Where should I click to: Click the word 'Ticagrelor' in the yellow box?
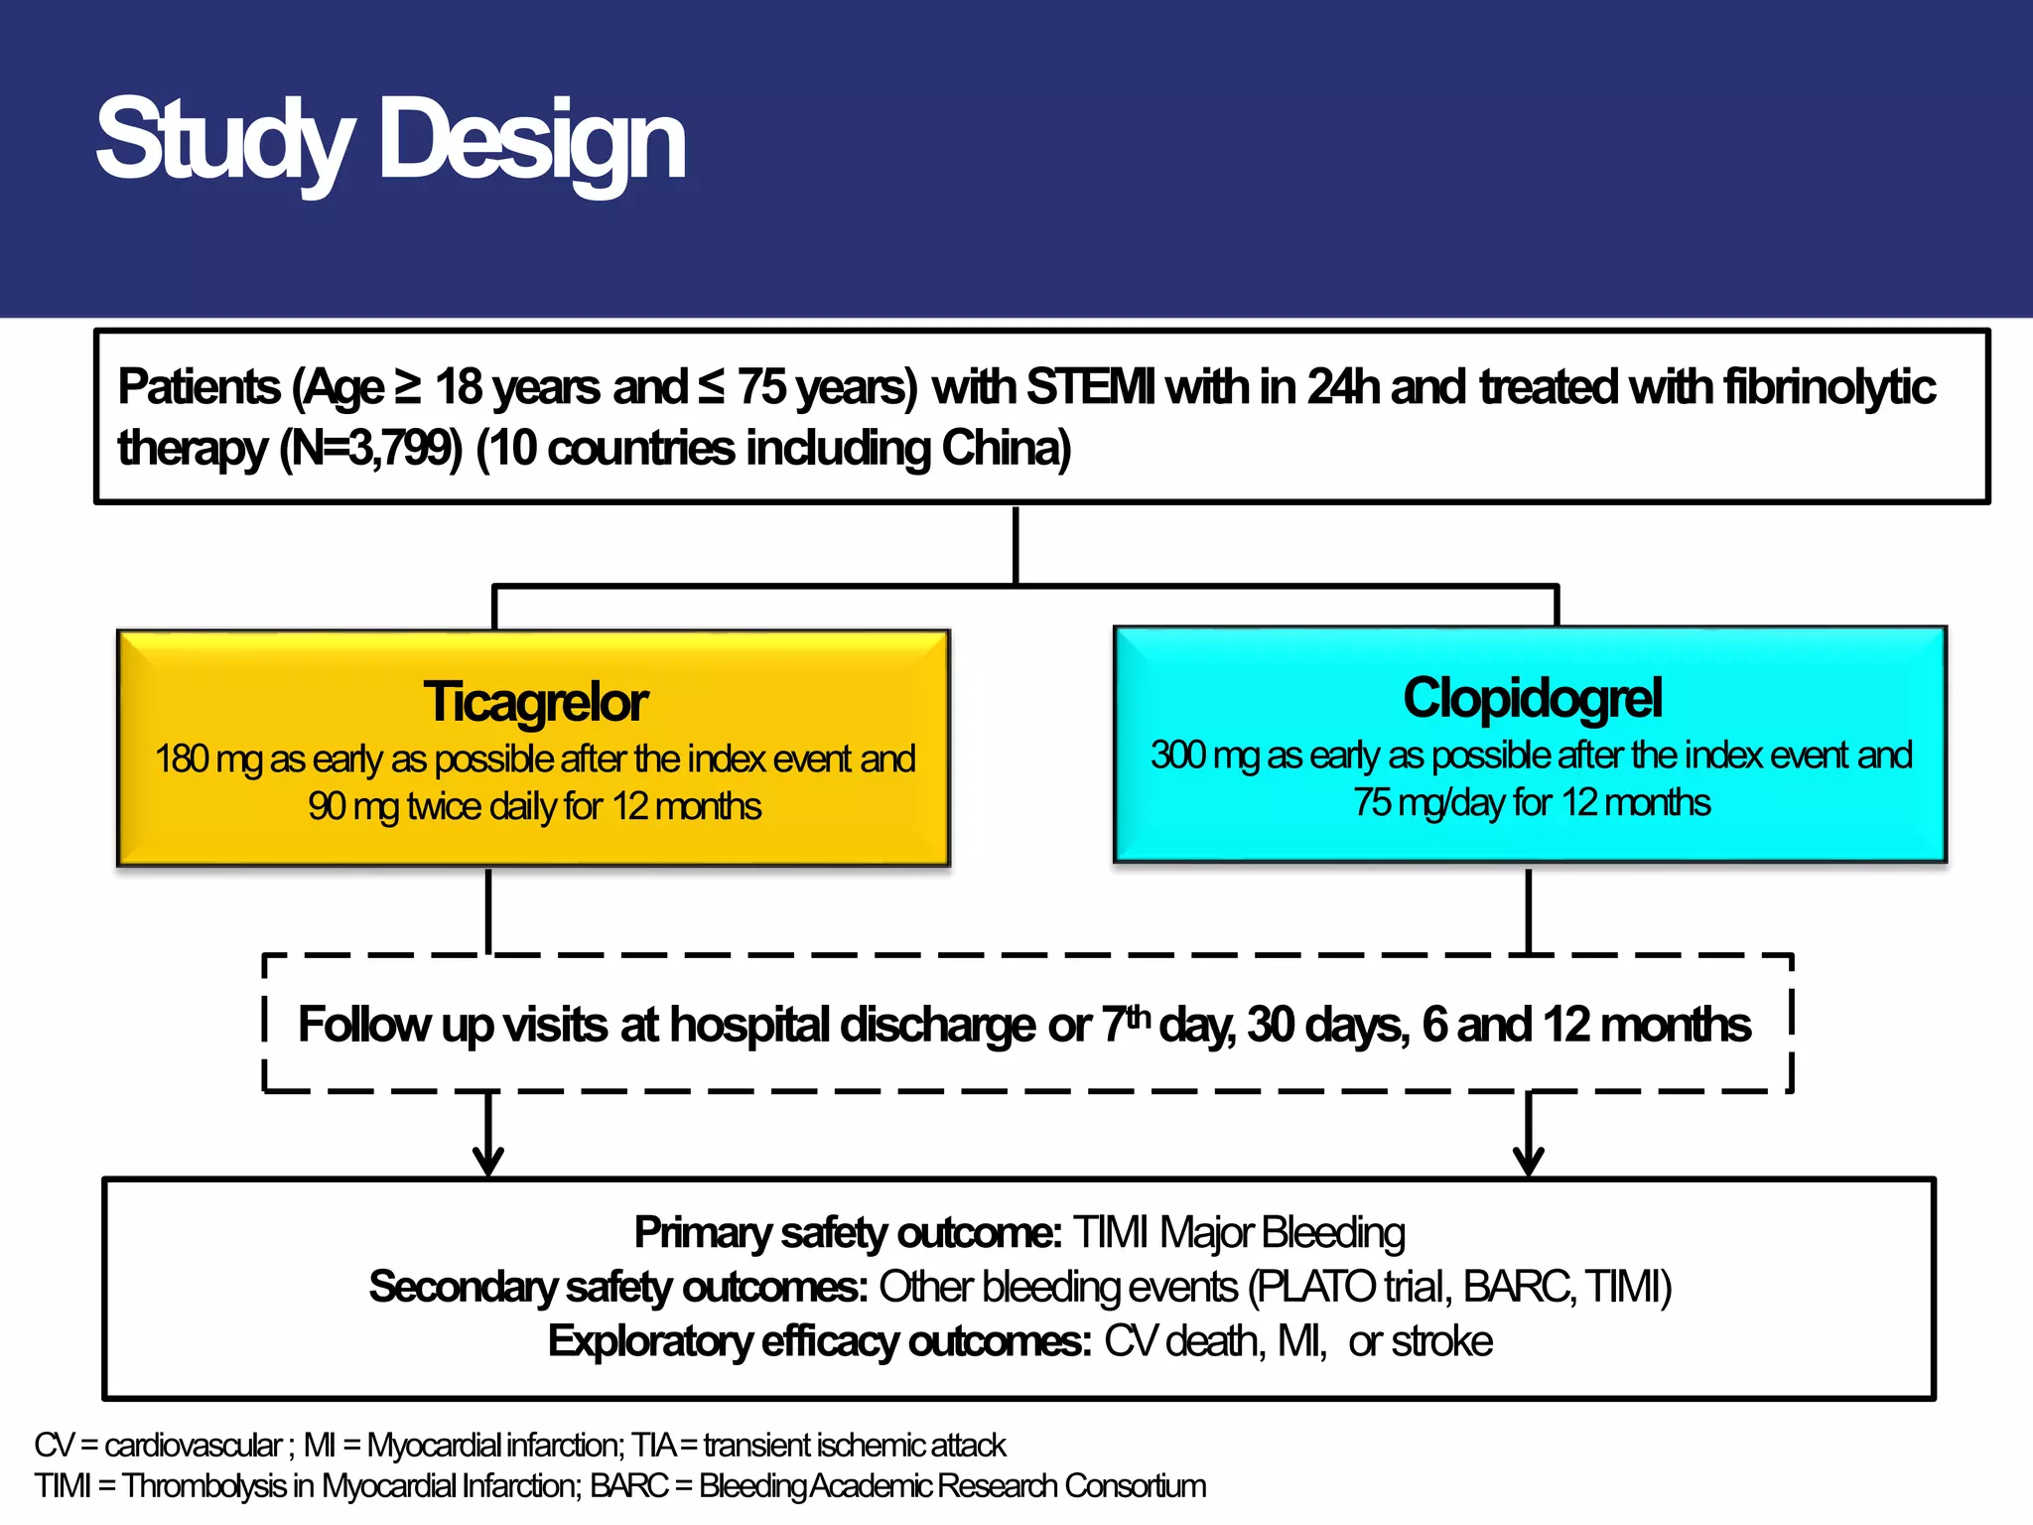click(x=535, y=702)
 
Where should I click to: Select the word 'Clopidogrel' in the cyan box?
click(x=1532, y=698)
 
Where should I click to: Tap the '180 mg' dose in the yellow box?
click(x=209, y=760)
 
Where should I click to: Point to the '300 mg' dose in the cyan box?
click(x=1205, y=756)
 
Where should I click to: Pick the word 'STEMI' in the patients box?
click(x=1090, y=387)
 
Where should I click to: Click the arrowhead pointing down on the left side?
click(x=487, y=1160)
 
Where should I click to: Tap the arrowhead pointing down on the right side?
click(x=1528, y=1160)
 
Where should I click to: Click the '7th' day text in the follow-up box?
click(x=1126, y=1024)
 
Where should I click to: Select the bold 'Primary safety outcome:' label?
click(x=848, y=1233)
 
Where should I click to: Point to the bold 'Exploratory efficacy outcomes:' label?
click(x=819, y=1341)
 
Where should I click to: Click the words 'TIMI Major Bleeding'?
click(x=1239, y=1233)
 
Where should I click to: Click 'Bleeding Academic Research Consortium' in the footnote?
click(x=952, y=1486)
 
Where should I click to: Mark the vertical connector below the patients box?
click(x=1016, y=546)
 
